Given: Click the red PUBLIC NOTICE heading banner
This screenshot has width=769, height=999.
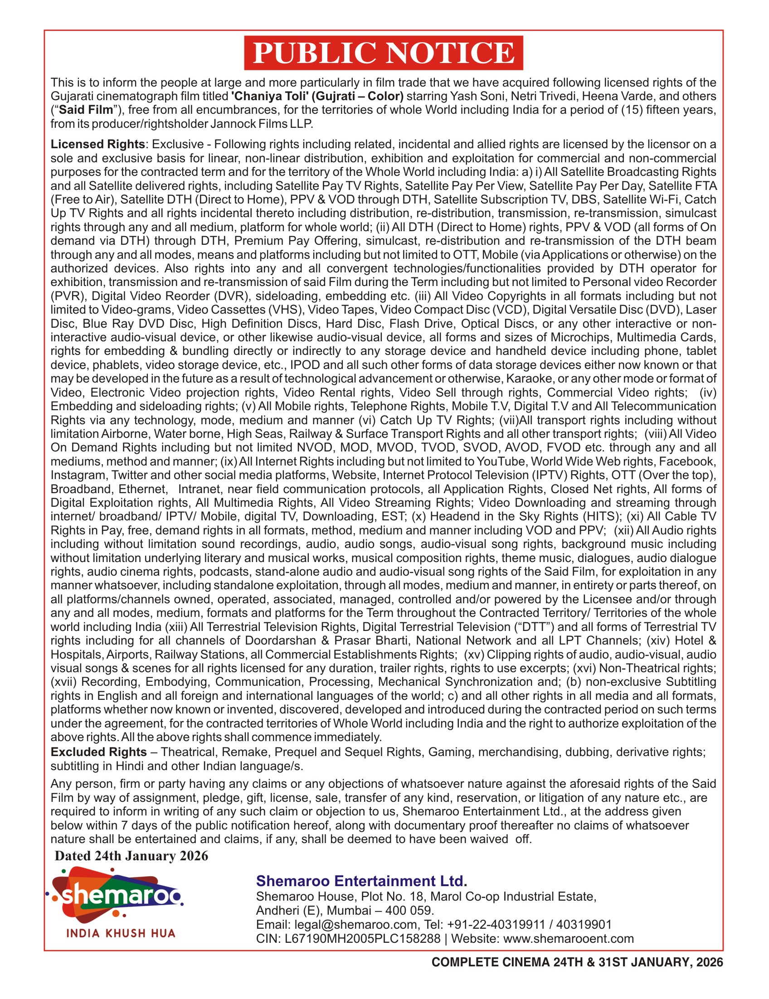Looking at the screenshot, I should click(383, 53).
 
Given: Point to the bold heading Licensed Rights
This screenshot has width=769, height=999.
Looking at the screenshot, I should click(97, 144).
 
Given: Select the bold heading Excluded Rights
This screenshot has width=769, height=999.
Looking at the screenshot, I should click(98, 752).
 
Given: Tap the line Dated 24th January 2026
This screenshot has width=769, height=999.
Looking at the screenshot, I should click(131, 856).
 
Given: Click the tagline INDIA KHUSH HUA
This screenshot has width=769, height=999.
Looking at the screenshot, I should click(121, 933).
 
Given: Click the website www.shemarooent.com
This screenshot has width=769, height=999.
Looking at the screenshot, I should click(569, 939).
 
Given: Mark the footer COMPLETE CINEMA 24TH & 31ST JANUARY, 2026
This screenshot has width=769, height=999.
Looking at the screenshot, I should click(577, 962).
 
